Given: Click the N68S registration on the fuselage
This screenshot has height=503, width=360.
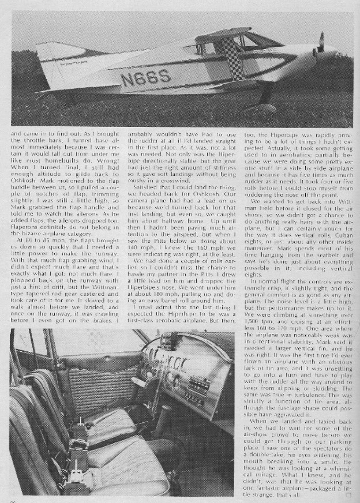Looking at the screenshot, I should coord(145,78).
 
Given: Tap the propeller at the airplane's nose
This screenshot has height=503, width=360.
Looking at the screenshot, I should coord(320,44).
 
